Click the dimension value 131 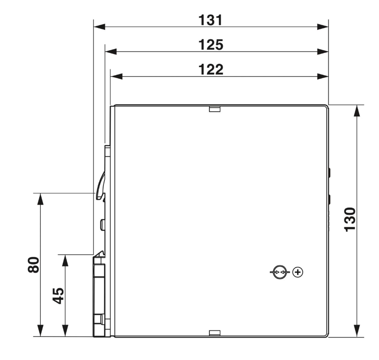click(x=210, y=20)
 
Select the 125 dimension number click(x=211, y=45)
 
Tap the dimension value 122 click(x=211, y=70)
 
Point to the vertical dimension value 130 click(x=350, y=220)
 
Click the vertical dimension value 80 click(x=34, y=265)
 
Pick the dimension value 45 click(x=58, y=296)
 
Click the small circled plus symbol click(x=298, y=272)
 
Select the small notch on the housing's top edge click(x=215, y=109)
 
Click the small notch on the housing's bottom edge click(x=215, y=333)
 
